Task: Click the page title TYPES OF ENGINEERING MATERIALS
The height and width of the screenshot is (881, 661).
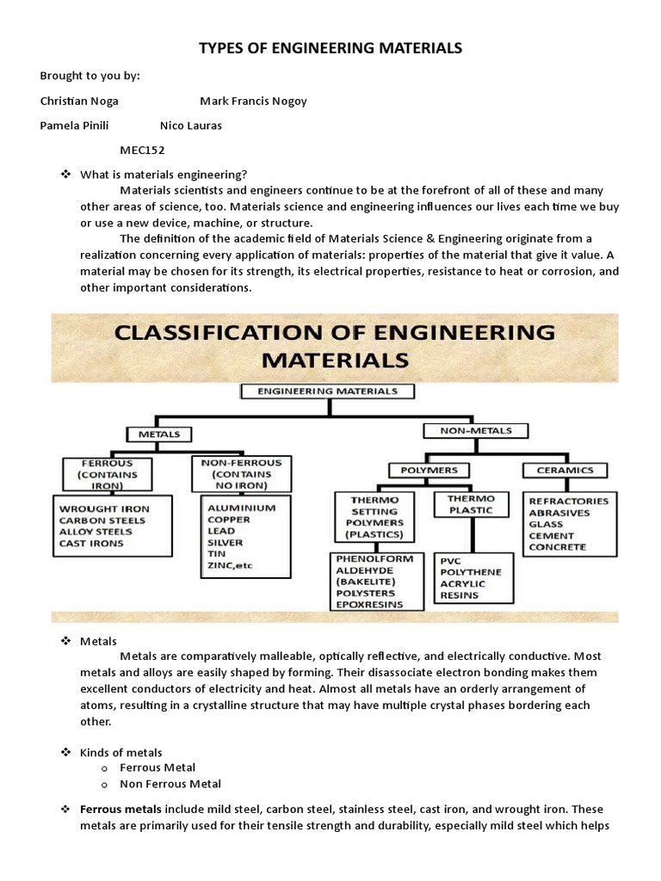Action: click(330, 48)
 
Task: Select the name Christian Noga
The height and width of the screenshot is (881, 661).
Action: click(79, 101)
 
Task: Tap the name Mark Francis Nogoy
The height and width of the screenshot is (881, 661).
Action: click(253, 101)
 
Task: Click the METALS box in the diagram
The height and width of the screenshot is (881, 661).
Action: click(159, 434)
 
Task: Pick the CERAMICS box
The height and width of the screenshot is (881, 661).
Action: click(565, 470)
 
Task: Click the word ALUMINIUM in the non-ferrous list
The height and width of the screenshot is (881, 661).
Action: click(241, 508)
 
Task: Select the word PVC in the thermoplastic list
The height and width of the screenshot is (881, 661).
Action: click(451, 559)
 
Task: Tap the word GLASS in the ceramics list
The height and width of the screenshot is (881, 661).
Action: click(546, 524)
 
